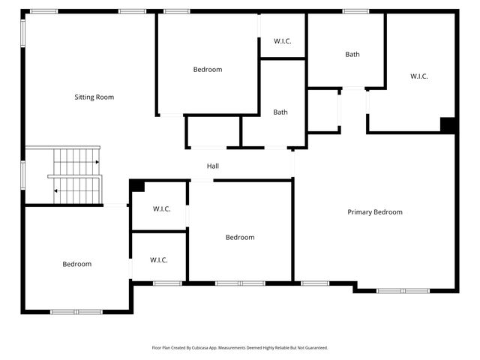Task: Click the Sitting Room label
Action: [x=94, y=97]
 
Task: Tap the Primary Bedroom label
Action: [x=374, y=212]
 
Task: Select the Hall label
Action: [x=213, y=166]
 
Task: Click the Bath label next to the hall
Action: [x=280, y=112]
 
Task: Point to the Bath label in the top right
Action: [x=352, y=54]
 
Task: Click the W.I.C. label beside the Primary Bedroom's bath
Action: [x=418, y=76]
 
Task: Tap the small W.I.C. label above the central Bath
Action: [x=283, y=40]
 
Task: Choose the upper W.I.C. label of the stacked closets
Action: [x=161, y=208]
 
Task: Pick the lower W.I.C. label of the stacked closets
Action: [x=158, y=260]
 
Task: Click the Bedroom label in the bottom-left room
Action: [x=76, y=264]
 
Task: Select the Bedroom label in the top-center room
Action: [x=207, y=70]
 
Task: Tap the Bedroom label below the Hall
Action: [x=239, y=238]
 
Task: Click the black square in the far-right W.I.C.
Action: [x=448, y=125]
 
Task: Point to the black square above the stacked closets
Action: [x=136, y=185]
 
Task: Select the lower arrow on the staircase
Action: [x=56, y=190]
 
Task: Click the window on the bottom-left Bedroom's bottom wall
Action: [x=76, y=311]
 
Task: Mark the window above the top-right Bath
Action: [x=355, y=11]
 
